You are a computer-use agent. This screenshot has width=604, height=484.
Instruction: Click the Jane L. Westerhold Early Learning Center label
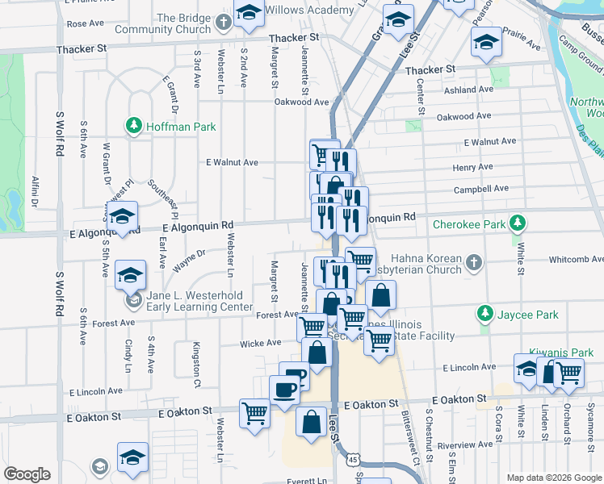(199, 301)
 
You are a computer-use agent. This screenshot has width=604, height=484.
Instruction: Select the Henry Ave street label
(472, 167)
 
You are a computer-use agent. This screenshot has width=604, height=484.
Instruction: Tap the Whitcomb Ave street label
(576, 259)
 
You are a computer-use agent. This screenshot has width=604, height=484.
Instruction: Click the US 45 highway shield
(354, 459)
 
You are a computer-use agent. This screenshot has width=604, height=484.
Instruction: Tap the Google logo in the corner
(27, 474)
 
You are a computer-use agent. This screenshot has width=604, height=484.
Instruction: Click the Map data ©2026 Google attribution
(553, 478)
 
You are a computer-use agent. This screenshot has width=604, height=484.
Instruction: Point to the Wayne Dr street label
(191, 260)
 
